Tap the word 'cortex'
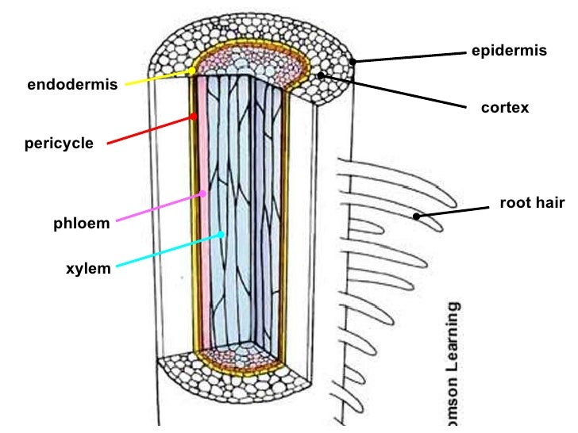(505, 108)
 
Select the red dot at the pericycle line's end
(193, 117)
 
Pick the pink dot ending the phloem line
(204, 193)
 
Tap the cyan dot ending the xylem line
(223, 234)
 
